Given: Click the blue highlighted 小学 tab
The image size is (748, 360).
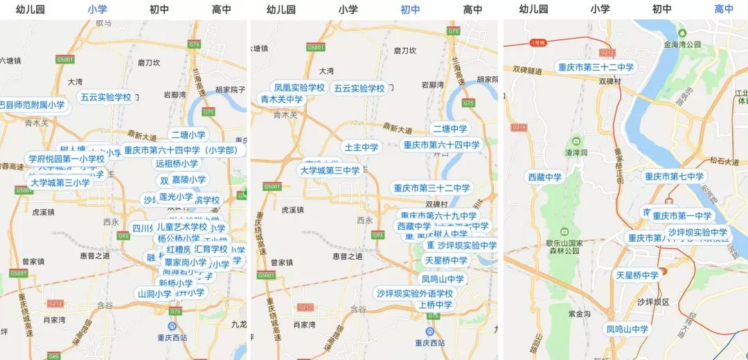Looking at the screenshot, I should pos(97,10).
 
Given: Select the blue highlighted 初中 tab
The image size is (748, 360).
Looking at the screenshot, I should pos(410,10).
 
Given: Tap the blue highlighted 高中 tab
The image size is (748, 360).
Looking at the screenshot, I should pos(724,10).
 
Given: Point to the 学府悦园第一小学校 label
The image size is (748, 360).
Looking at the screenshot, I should pos(66,159).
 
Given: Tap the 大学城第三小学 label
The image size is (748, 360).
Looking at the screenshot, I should pos(60,183).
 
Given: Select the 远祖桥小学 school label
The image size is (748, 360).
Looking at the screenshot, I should pos(177,164).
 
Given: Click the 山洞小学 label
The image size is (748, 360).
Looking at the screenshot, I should pos(154,294).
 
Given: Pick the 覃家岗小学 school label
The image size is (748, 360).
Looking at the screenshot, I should pos(186,262).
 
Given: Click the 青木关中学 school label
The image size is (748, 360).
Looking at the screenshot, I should pos(282,99).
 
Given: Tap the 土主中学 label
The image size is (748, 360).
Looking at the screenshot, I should pos(362,147).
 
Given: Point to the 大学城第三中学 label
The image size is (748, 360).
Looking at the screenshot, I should pos(329,170).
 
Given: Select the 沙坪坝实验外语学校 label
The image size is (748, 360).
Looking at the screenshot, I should pos(415,294).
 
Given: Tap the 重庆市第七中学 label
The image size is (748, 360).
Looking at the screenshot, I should pos(674,177).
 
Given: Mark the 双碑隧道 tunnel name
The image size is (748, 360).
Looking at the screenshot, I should pos(528,70).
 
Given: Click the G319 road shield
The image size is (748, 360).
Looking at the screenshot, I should pos(517,128).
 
